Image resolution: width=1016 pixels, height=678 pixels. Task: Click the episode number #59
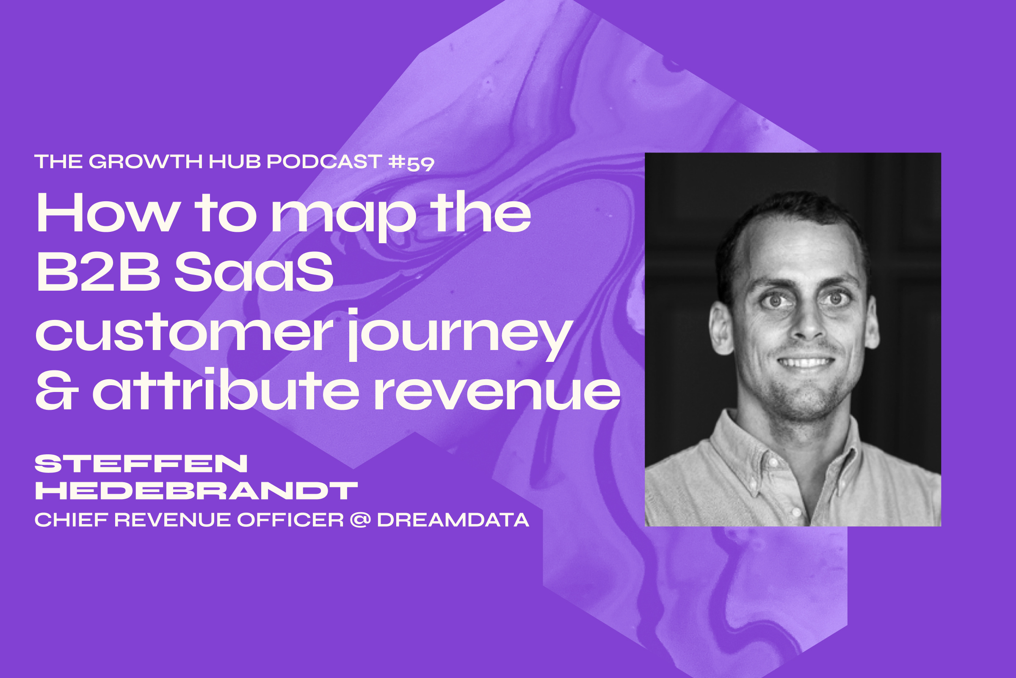pos(411,163)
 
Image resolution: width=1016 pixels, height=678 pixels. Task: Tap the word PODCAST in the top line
pos(324,162)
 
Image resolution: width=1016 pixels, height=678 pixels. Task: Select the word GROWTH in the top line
pos(146,162)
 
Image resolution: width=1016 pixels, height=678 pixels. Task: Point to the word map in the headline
pos(343,216)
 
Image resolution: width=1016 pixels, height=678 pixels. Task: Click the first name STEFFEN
pos(141,464)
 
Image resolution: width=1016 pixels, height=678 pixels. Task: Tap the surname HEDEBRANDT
pos(196,491)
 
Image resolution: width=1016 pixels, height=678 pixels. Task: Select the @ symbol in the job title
pos(360,520)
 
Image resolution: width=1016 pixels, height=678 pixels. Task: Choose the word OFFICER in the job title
pos(290,520)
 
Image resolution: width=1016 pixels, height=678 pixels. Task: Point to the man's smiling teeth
pos(806,362)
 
